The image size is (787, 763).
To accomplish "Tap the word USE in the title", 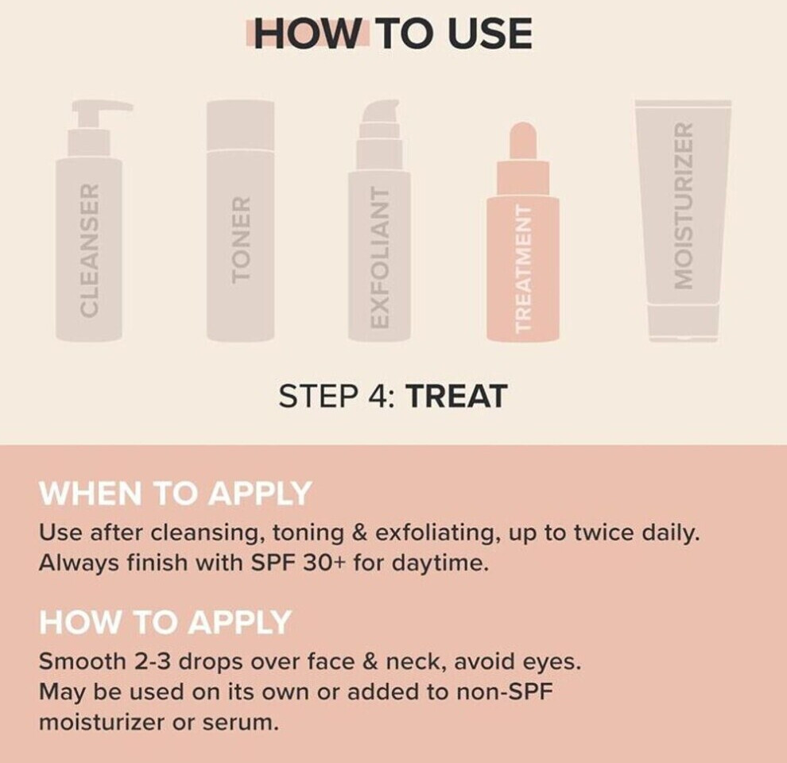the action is coord(490,33).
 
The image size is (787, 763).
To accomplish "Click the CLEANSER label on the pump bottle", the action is coord(89,250).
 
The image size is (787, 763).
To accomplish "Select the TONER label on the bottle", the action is coord(241,239).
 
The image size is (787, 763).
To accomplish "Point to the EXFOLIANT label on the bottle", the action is coord(379,258).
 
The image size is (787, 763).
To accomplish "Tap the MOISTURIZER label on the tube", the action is coord(684,205).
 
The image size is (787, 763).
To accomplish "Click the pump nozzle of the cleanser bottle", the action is coord(103,109).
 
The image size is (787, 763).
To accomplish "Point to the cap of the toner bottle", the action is coord(241,125).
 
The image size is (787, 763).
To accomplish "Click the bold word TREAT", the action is coord(456,396).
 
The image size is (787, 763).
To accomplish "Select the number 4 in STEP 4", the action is coord(378,396).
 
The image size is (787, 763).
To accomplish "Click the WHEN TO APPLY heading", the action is coord(175,493).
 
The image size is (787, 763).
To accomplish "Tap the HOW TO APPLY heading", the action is coord(165,622).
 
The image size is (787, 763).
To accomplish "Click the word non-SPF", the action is coord(505,692).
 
